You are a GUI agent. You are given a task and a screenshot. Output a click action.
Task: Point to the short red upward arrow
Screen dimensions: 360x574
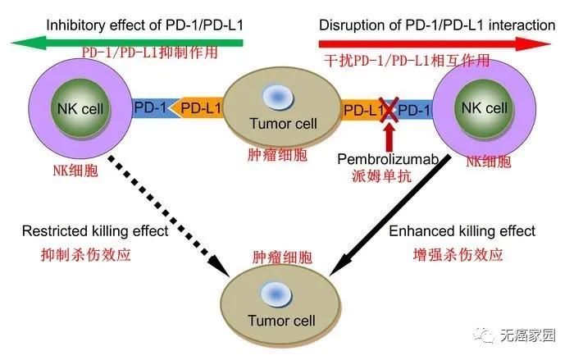390,136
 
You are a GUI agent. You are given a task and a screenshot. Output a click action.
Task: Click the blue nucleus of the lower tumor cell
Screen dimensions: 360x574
273,293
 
